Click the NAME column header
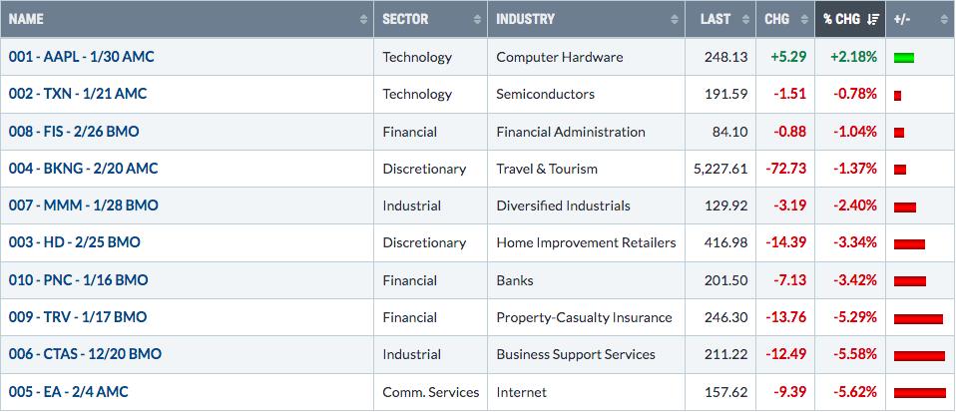pyautogui.click(x=26, y=19)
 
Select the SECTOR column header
pyautogui.click(x=405, y=19)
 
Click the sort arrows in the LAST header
pyautogui.click(x=745, y=20)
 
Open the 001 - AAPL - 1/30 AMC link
pyautogui.click(x=82, y=57)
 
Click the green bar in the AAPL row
pyautogui.click(x=904, y=59)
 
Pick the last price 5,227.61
pyautogui.click(x=720, y=169)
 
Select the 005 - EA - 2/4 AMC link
pyautogui.click(x=68, y=392)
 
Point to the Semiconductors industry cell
pyautogui.click(x=545, y=94)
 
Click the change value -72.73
pyautogui.click(x=786, y=169)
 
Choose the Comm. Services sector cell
pyautogui.click(x=431, y=392)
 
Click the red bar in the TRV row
pyautogui.click(x=918, y=319)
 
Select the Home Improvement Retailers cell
pyautogui.click(x=586, y=242)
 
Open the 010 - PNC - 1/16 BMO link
pyautogui.click(x=78, y=280)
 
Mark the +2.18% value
pyautogui.click(x=853, y=57)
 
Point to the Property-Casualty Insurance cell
pyautogui.click(x=584, y=317)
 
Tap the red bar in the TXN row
pyautogui.click(x=897, y=96)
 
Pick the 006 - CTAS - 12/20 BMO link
pyautogui.click(x=85, y=354)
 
